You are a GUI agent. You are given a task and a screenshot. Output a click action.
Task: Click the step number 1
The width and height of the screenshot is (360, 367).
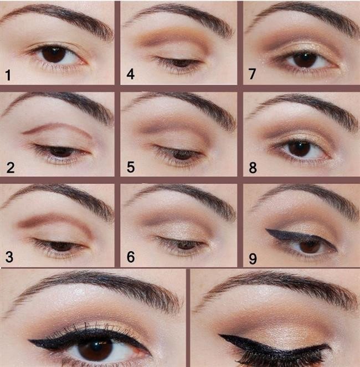(x=8, y=75)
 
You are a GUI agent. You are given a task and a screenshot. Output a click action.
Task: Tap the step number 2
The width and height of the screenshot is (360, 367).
(x=11, y=168)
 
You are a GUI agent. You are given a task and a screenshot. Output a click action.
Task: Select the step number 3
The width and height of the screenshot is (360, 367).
(x=9, y=257)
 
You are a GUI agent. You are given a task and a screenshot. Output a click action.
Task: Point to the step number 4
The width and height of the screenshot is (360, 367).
(x=131, y=74)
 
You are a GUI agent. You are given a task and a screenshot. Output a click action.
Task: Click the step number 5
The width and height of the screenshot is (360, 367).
(x=131, y=167)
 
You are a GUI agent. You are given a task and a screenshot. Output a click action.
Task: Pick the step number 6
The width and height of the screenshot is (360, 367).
(x=131, y=257)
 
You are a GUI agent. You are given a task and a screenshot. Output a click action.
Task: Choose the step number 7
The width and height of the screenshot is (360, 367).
(x=252, y=74)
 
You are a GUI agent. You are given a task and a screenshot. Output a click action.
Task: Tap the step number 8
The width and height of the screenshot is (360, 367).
(x=253, y=168)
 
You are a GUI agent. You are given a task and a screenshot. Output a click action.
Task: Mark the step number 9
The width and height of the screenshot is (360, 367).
(x=253, y=259)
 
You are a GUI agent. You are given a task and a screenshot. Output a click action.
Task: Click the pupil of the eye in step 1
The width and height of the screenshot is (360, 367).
(x=54, y=54)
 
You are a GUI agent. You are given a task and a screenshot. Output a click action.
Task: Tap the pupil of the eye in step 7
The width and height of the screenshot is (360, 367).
(x=305, y=59)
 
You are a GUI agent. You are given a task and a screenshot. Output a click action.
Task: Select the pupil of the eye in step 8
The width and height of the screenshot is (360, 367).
(x=300, y=148)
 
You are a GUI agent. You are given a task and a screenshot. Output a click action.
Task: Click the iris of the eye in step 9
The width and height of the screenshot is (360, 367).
(x=310, y=246)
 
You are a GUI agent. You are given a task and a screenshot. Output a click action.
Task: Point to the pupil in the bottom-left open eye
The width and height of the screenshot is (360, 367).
(x=95, y=349)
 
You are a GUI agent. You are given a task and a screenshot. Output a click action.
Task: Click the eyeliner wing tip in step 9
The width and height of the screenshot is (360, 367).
(x=267, y=230)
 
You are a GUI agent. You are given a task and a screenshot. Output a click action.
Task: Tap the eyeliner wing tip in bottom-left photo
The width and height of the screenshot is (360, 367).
(x=29, y=341)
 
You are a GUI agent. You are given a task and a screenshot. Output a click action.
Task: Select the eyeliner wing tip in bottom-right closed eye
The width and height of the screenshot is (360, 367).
(x=220, y=335)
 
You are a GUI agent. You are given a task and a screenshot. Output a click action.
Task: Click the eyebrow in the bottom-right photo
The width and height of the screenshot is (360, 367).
(x=280, y=284)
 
